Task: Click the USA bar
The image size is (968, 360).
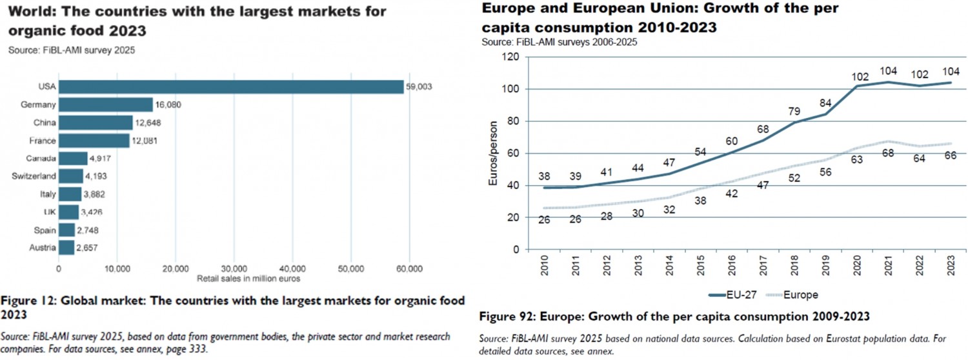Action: coord(231,87)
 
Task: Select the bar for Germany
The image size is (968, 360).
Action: coord(106,105)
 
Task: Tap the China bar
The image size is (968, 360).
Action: coord(96,123)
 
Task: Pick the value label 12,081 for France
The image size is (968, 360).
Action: coord(145,141)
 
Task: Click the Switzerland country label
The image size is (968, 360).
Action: coord(34,176)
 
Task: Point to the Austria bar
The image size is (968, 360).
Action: coord(67,248)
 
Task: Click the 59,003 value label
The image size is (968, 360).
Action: coord(419,87)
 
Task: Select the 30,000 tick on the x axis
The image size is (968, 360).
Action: coord(234,269)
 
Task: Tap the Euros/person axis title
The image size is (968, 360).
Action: coord(494,154)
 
